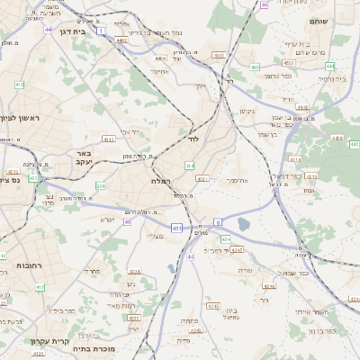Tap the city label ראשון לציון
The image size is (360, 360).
point(18,118)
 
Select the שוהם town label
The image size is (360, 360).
point(318,21)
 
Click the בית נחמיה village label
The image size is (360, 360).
point(331,78)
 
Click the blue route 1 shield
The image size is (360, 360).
point(102,31)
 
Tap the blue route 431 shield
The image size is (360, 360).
point(177,229)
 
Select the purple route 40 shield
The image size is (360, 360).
point(128,221)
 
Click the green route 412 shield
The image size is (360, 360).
point(19,85)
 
